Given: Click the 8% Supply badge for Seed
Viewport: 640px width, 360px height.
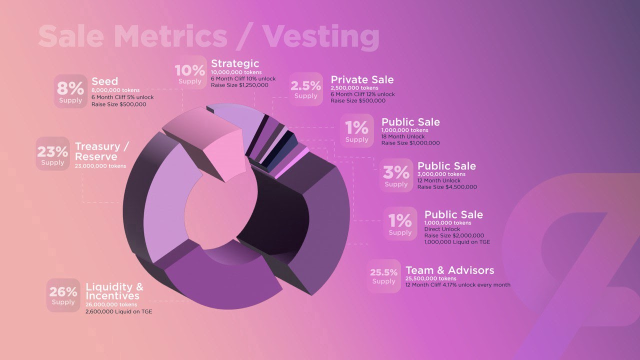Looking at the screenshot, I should pos(70,91).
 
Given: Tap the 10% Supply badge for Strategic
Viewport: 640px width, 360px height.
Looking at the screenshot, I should pos(190,73).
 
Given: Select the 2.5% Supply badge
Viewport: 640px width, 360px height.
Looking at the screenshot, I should pos(305,88).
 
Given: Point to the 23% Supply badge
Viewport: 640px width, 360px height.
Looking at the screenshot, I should pos(52,154).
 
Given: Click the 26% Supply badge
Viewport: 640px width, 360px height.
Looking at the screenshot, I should pos(63,294).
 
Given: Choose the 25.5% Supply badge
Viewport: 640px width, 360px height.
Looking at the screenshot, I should pos(383,275).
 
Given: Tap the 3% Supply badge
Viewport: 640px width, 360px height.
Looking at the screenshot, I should pos(396,175).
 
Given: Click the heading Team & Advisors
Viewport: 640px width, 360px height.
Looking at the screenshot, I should pos(449,270).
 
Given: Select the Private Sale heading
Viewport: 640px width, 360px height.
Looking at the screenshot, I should pos(362,80).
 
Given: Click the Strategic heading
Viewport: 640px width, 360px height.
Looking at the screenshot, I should pos(235,63).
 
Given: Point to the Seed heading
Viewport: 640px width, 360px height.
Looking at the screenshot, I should pos(104,81).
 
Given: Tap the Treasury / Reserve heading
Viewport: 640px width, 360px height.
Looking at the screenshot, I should pos(101,151).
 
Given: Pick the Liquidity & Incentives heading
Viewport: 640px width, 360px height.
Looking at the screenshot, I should pos(114,291).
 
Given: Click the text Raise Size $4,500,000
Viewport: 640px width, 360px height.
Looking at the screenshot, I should pos(447,187).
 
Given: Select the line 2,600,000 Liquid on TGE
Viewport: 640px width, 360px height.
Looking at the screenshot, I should pos(118,311).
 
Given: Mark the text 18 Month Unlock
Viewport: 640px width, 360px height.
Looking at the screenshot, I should pos(403,136).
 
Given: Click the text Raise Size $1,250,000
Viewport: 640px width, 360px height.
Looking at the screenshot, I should pos(239,85).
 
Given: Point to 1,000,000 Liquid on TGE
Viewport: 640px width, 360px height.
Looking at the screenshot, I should pos(457,242).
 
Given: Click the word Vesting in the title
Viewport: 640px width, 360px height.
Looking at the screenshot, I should pos(321,35).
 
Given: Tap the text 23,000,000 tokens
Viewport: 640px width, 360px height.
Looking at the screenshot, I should pos(100,166).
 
